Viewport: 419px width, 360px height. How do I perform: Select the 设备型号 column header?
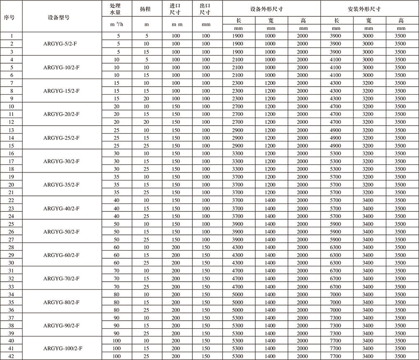(62, 17)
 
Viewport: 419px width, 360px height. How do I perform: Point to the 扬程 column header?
(146, 9)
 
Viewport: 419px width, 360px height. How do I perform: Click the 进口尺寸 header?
(176, 9)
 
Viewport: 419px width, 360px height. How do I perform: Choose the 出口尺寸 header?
(206, 9)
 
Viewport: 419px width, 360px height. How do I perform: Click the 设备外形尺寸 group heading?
(272, 9)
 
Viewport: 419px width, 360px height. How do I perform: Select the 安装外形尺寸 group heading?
(370, 9)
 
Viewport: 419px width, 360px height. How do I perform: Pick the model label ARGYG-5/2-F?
(62, 44)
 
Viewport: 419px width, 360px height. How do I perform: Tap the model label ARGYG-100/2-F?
(62, 348)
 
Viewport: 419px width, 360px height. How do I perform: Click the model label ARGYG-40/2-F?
(62, 208)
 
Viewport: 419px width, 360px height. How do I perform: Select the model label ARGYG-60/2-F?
(62, 255)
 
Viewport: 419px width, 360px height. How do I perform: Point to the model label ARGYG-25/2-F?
(62, 138)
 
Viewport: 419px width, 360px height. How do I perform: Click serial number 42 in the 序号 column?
(12, 356)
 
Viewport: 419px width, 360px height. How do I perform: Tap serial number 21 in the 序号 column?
(12, 192)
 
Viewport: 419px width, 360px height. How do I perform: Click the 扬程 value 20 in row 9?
(146, 98)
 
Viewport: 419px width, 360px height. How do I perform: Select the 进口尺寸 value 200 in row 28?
(176, 247)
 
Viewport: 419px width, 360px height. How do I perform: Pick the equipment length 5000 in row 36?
(238, 310)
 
